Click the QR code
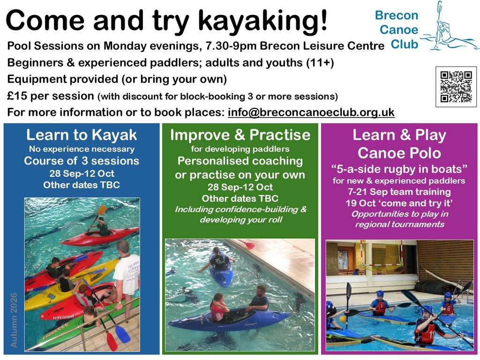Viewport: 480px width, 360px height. [x=456, y=87]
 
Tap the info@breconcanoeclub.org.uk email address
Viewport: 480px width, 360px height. [x=311, y=112]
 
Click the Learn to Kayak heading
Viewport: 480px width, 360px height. [x=82, y=135]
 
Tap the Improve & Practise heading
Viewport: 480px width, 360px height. [x=240, y=135]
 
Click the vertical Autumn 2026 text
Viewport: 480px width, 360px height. [x=14, y=320]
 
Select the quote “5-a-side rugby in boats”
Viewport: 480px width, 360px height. [x=399, y=169]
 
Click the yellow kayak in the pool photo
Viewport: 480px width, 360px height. [x=70, y=283]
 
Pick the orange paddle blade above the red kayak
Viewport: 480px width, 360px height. [x=102, y=210]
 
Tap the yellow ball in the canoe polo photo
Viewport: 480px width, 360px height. [x=343, y=319]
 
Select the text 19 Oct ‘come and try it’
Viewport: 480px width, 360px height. [x=399, y=203]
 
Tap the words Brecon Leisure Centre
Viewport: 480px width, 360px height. [x=322, y=45]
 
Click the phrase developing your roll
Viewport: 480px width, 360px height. [x=241, y=220]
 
